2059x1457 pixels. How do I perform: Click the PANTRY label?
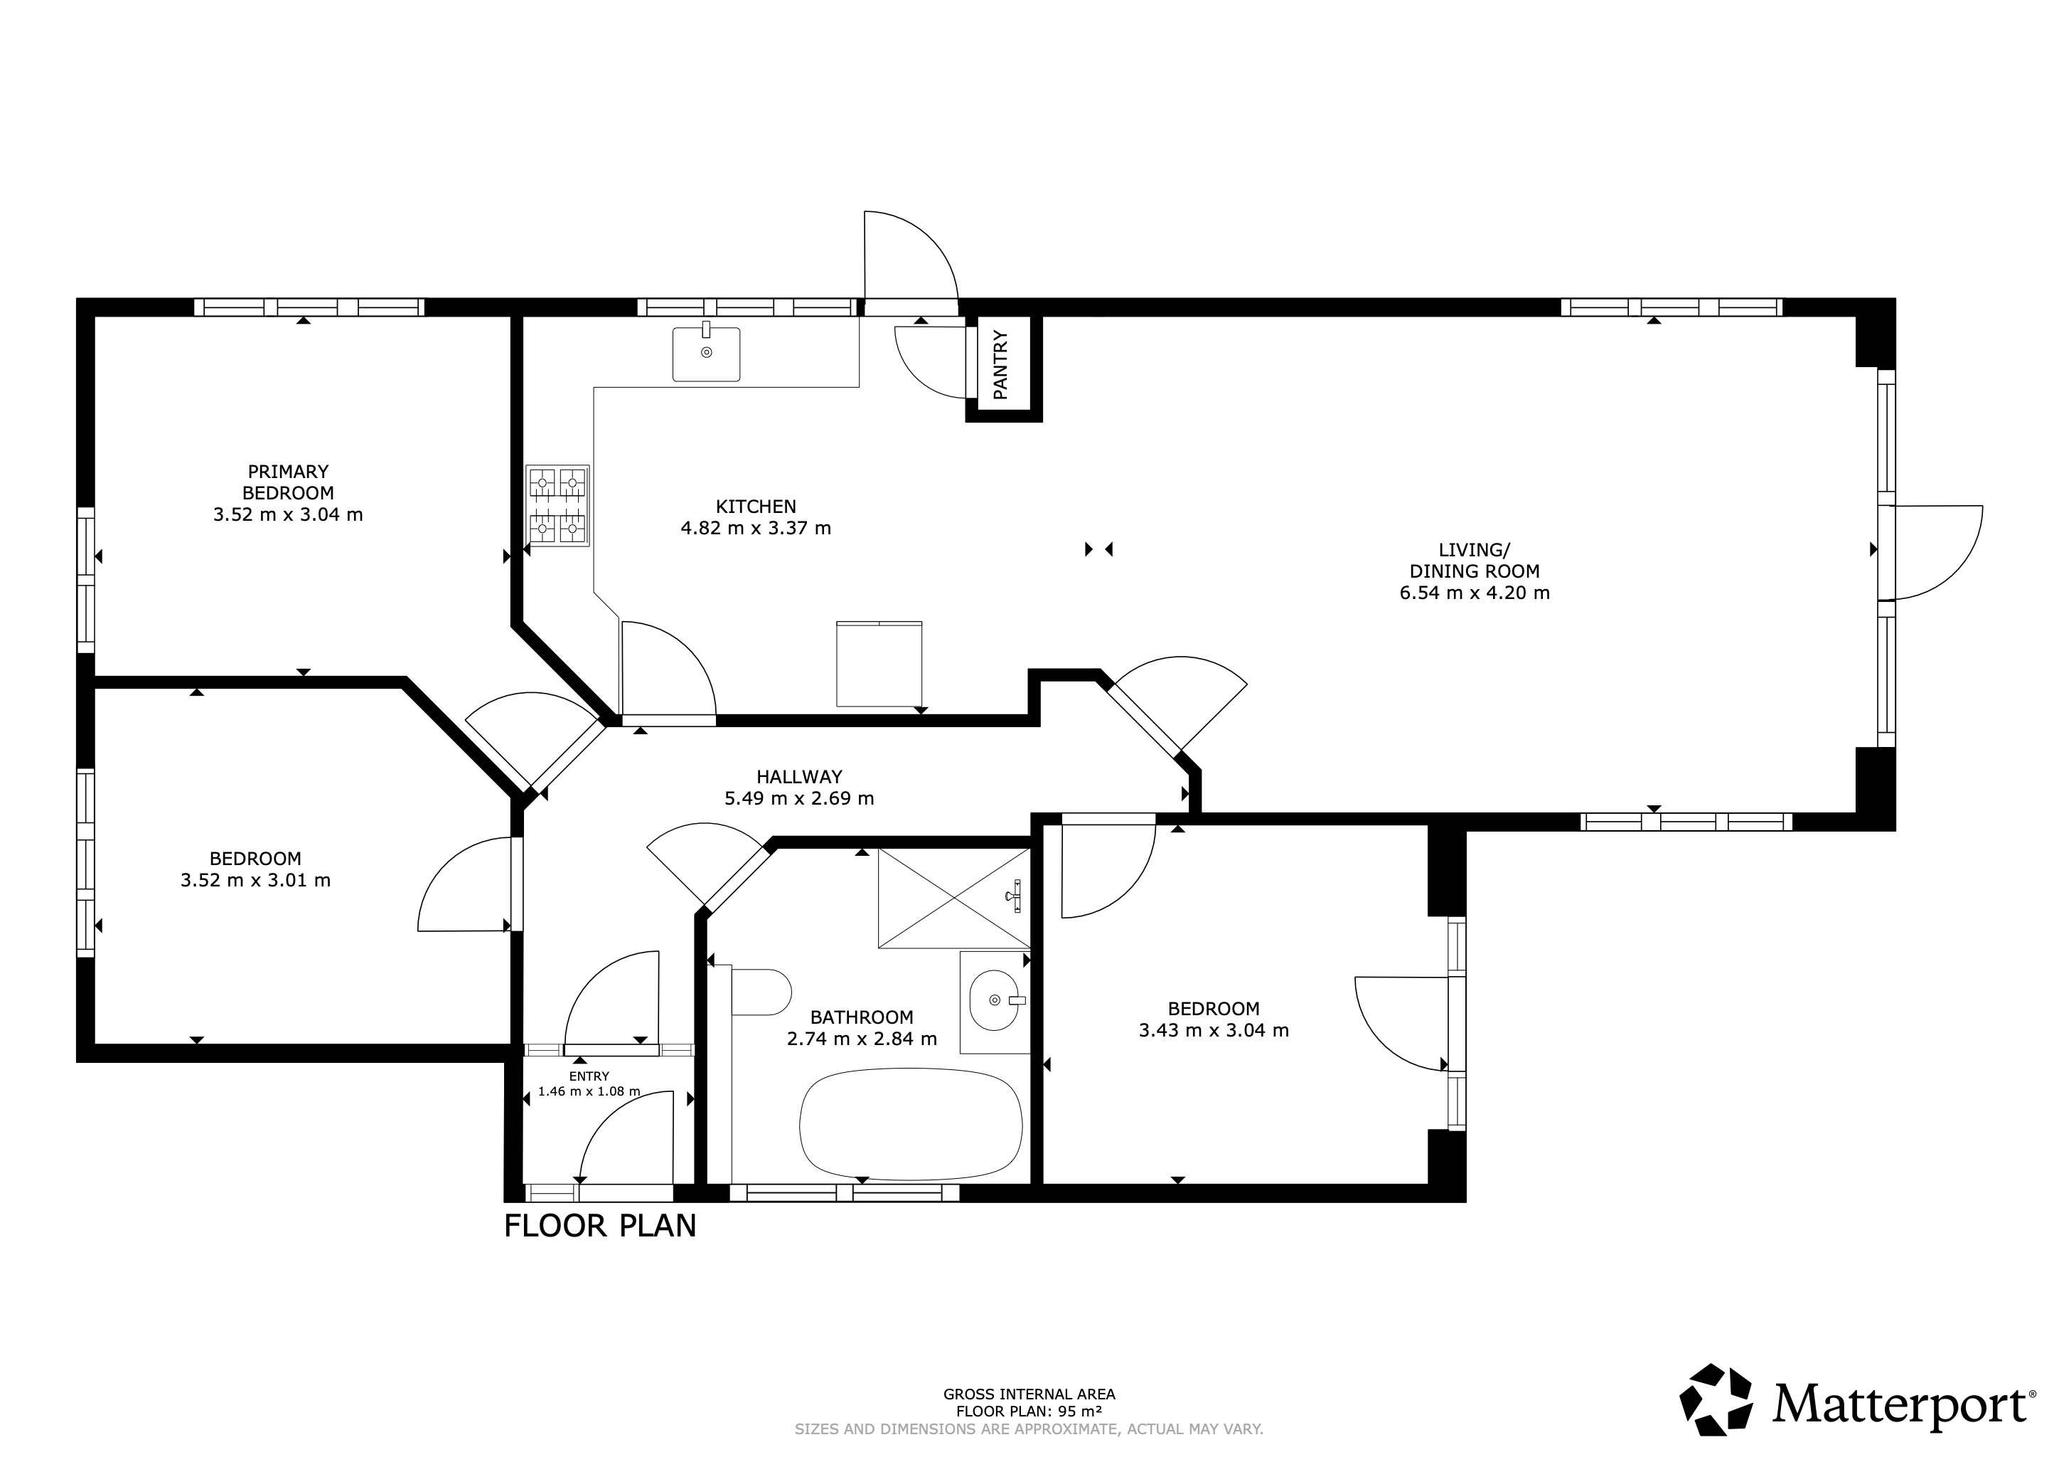point(1001,364)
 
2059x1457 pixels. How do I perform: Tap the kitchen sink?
point(707,353)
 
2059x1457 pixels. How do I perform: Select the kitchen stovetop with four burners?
point(558,506)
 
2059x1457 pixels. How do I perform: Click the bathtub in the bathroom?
point(910,1125)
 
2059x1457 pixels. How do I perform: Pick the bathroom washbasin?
point(995,1000)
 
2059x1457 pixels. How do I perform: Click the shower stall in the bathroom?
point(954,897)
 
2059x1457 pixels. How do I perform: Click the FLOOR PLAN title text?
point(600,1226)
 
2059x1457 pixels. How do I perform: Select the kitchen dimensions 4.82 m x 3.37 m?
point(756,529)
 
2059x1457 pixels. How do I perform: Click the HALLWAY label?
point(799,777)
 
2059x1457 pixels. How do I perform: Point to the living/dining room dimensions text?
point(1475,593)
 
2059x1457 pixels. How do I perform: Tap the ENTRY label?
point(589,1076)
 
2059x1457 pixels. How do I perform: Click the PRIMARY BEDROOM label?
point(288,482)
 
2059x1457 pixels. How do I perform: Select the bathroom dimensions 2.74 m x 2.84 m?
point(862,1039)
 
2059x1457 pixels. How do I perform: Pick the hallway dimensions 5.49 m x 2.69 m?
point(799,798)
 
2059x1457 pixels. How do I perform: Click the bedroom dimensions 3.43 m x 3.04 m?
point(1214,1030)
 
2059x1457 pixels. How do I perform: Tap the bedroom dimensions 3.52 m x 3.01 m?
point(255,880)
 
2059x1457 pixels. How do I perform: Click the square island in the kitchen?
point(879,664)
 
